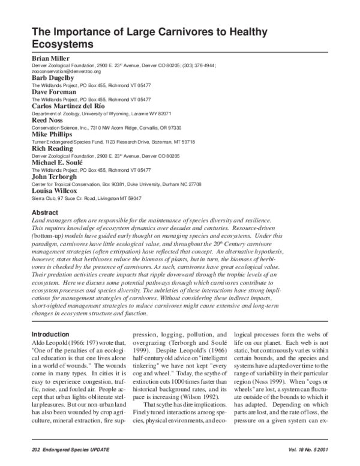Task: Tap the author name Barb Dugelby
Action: (x=53, y=77)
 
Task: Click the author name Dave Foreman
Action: (x=54, y=92)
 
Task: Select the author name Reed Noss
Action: (x=49, y=121)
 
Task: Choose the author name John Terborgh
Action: (x=55, y=178)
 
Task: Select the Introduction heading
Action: (x=50, y=334)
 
